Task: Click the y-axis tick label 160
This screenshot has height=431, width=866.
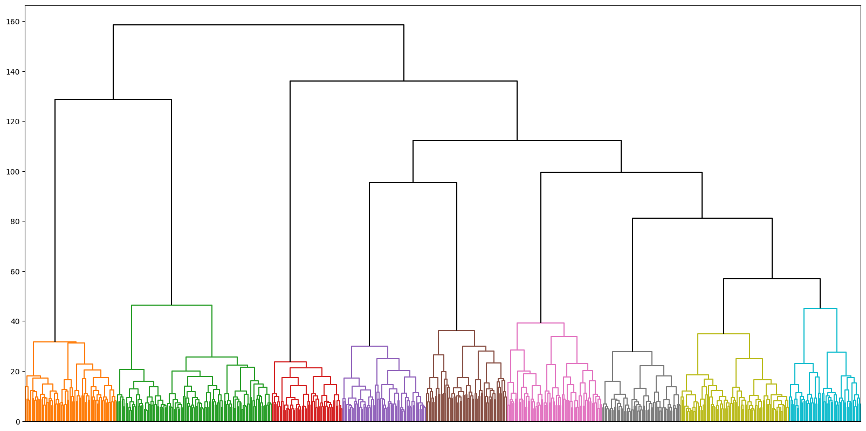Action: pos(13,22)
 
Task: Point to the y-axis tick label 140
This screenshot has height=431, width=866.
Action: pos(13,72)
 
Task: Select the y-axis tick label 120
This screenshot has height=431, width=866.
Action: pos(13,122)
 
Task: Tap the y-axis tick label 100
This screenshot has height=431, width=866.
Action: pos(13,172)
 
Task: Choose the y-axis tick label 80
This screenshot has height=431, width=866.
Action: pos(15,221)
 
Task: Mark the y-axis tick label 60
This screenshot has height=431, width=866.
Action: pos(15,272)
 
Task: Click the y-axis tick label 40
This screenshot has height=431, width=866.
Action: pos(15,321)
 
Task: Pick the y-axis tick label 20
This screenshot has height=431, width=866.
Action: pos(15,372)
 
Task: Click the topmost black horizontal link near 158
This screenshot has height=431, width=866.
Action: pos(258,25)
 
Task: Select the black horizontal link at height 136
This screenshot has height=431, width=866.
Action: pos(403,81)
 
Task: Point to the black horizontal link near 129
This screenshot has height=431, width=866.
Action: pos(113,99)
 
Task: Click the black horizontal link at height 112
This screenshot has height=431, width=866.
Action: pos(517,140)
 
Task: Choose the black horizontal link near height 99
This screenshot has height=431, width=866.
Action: pos(621,172)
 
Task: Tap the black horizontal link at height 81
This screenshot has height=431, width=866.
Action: pos(702,218)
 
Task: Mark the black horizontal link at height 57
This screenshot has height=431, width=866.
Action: pos(772,279)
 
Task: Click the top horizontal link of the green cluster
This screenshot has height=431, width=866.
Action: pos(171,305)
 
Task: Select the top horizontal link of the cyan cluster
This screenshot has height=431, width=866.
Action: pos(820,308)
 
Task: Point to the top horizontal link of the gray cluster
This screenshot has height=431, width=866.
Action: pos(632,352)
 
